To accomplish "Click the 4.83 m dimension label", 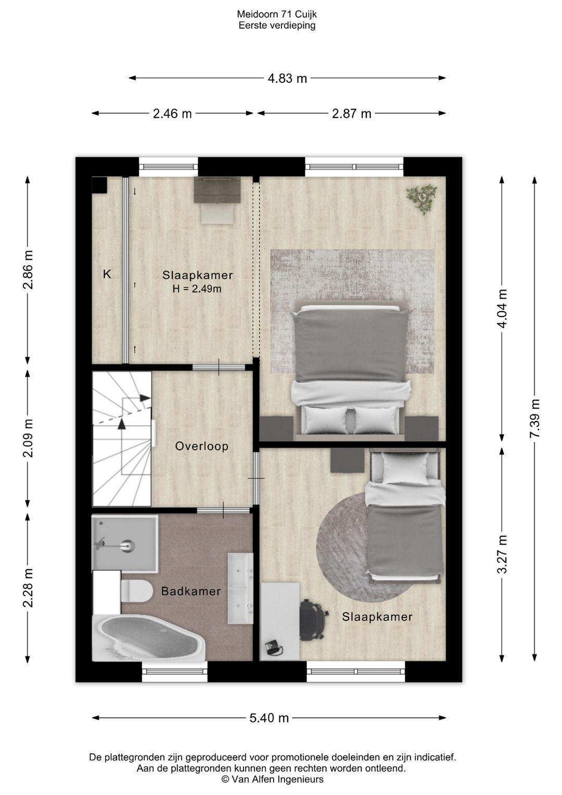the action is pyautogui.click(x=287, y=79).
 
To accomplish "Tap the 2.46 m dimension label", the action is pyautogui.click(x=172, y=114).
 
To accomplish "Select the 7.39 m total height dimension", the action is pyautogui.click(x=535, y=418).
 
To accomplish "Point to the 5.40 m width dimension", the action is pyautogui.click(x=269, y=718).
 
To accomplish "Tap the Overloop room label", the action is pyautogui.click(x=202, y=446).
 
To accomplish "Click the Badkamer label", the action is pyautogui.click(x=191, y=591).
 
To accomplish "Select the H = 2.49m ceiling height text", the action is pyautogui.click(x=197, y=289).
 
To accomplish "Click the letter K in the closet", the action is pyautogui.click(x=107, y=275).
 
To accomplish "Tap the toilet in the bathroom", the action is pyautogui.click(x=136, y=591).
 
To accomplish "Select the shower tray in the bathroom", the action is pyautogui.click(x=125, y=543).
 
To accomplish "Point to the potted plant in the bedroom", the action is pyautogui.click(x=422, y=199).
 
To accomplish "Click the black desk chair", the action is pyautogui.click(x=313, y=619).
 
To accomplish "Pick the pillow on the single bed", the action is pyautogui.click(x=406, y=468).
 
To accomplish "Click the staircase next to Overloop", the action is pyautogui.click(x=122, y=439).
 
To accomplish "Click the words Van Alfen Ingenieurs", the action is pyautogui.click(x=277, y=779).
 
